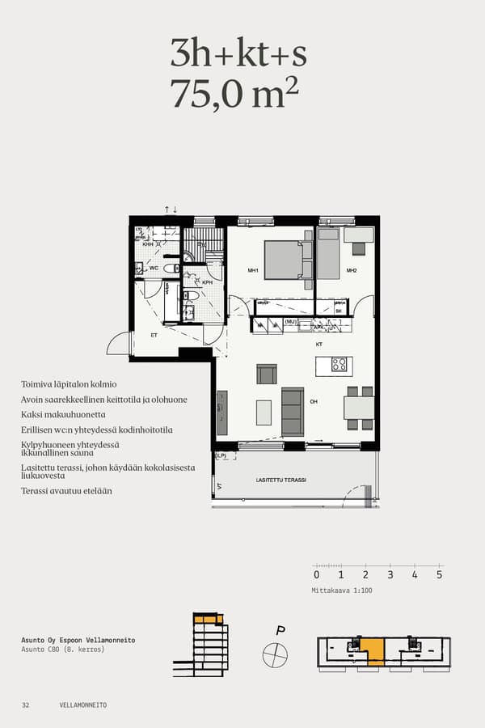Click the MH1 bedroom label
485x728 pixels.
click(x=252, y=270)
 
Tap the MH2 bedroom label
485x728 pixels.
click(x=352, y=270)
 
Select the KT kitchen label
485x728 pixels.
click(x=318, y=344)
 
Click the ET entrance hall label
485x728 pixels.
click(x=153, y=334)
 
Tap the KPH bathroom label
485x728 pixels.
click(x=207, y=282)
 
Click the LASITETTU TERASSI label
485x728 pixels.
click(x=281, y=480)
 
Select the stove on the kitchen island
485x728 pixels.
click(x=339, y=364)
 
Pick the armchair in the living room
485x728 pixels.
click(x=266, y=374)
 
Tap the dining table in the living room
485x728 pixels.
click(x=358, y=408)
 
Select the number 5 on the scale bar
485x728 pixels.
click(x=439, y=575)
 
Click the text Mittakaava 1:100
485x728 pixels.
click(x=342, y=590)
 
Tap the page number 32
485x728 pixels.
click(x=26, y=705)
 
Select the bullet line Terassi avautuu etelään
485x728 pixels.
click(x=66, y=491)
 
